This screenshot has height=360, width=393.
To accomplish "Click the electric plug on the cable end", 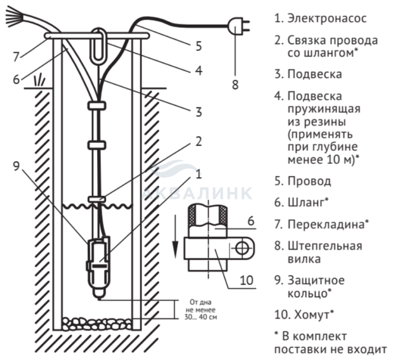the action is [x=238, y=26].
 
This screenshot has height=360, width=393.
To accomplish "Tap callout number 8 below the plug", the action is [x=235, y=85].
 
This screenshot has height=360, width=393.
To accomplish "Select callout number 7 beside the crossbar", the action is [x=16, y=57].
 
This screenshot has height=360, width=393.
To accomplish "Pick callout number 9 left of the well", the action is [x=16, y=166].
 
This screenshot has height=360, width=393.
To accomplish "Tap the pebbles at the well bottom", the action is [x=97, y=324].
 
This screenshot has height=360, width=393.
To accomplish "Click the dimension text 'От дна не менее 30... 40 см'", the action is [x=201, y=310].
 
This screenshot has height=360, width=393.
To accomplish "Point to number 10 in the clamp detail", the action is [x=246, y=280].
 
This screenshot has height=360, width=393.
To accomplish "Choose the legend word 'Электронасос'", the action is [x=327, y=19].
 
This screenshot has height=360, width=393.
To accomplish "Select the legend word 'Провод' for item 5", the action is [x=309, y=181].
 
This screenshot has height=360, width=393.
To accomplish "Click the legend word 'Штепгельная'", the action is [x=325, y=246].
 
